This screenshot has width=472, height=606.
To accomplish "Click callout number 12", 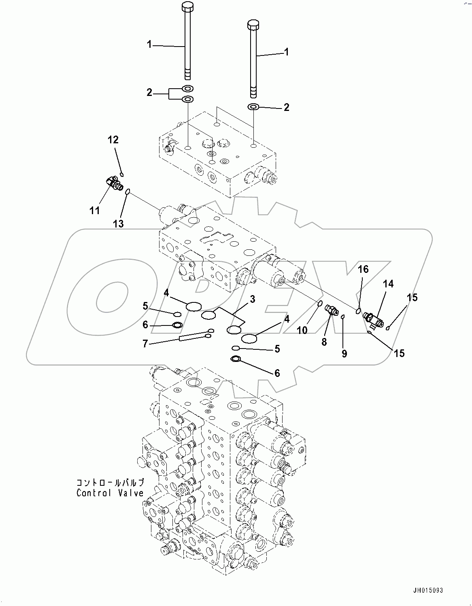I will pos(113,140).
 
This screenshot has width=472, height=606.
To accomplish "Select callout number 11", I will pos(94,211).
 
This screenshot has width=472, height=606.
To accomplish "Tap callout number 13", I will pos(118,223).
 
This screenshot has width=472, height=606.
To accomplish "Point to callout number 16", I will pos(363,269).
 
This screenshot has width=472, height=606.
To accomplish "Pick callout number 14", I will pos(388,284).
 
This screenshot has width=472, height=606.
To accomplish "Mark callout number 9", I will pos(344,353).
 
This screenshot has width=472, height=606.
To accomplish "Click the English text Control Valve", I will pos(110,493).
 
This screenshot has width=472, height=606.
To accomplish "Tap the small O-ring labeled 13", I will pos(127,192).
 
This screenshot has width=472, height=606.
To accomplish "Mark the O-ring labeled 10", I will pos(319,304).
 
